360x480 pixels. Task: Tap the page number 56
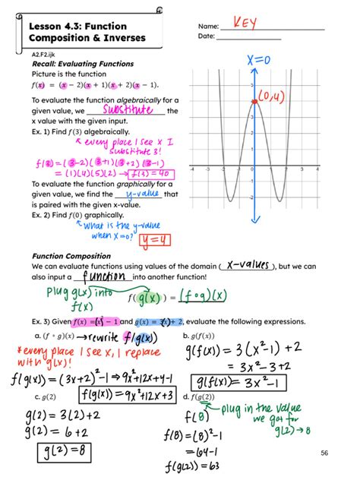[325, 453]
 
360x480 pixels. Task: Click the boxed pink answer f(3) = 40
[152, 172]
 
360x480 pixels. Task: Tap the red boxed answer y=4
[155, 241]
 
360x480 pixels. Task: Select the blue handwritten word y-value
[137, 194]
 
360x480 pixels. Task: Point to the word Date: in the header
[206, 36]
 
